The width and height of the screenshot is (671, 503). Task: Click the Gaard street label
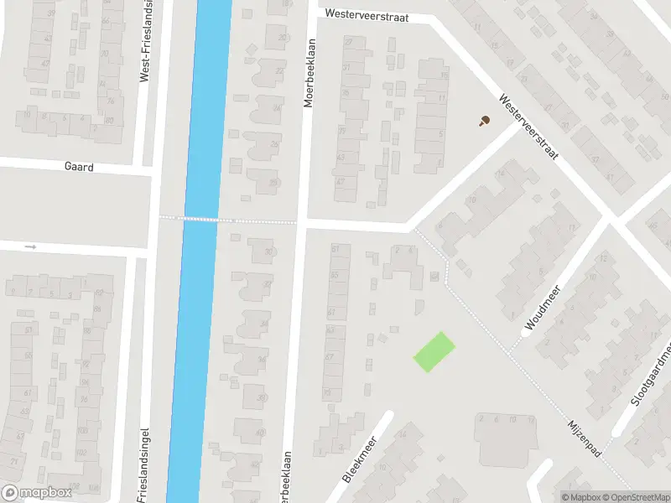79,167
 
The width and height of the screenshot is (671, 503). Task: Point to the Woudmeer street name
543,307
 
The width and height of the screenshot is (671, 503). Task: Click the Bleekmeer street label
361,458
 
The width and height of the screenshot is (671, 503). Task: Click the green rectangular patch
434,351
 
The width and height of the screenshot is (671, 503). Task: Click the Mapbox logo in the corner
36,492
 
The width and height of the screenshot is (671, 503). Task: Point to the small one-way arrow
31,246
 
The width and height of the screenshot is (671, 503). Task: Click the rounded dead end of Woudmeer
527,332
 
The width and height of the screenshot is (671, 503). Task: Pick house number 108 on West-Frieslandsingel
93,487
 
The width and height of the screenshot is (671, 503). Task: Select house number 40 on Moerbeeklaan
259,433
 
